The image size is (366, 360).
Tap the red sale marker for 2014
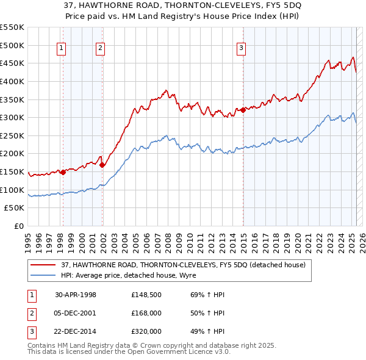(x=243, y=110)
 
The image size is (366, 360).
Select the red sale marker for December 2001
(x=102, y=165)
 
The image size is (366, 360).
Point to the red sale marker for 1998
(x=63, y=172)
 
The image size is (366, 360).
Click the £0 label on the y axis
(x=20, y=226)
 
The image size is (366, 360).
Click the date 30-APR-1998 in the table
(x=76, y=295)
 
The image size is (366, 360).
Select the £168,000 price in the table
(x=146, y=313)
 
